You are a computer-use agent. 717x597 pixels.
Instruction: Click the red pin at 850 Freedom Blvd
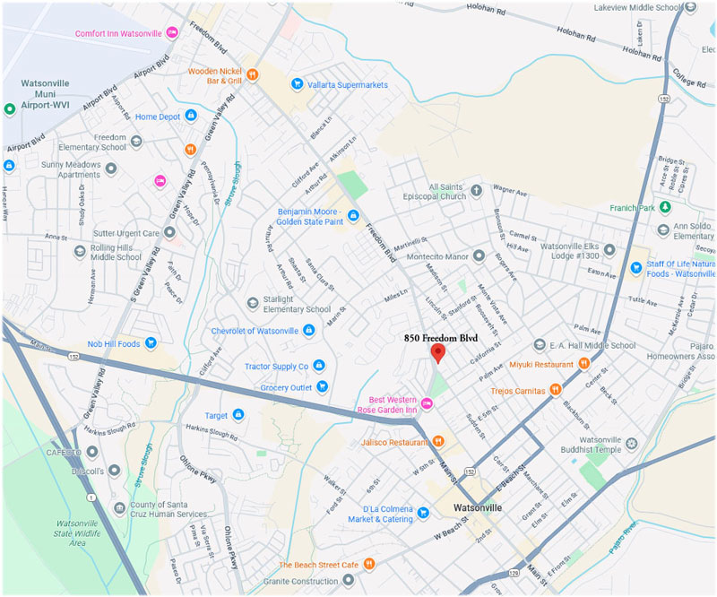click(438, 351)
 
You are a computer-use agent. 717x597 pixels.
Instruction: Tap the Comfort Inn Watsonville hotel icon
click(172, 32)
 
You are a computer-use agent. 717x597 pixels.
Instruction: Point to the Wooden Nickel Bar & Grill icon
click(253, 74)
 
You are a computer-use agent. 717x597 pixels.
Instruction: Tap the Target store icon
click(238, 415)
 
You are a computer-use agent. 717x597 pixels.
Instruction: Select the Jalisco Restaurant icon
click(438, 441)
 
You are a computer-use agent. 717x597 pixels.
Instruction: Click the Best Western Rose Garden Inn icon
click(428, 404)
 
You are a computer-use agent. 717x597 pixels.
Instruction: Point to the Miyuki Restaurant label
click(540, 364)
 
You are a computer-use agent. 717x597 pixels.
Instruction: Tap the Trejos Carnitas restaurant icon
click(556, 390)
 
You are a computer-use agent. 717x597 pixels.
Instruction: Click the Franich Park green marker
click(664, 207)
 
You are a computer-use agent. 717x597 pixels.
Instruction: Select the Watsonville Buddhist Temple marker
click(631, 444)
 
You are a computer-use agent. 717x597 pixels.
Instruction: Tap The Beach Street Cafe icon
click(369, 564)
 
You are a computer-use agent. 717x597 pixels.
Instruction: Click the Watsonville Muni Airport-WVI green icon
click(10, 108)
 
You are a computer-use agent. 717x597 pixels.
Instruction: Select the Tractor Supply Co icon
click(319, 366)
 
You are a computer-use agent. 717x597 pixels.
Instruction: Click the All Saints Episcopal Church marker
click(477, 190)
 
